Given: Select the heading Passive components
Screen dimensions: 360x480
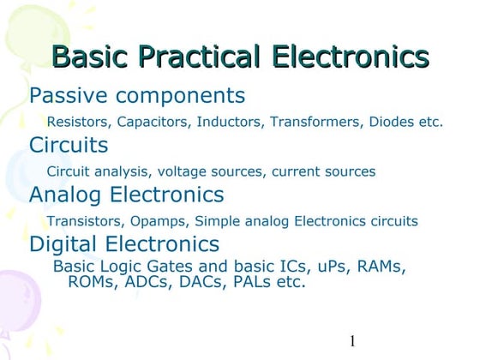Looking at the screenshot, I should [x=137, y=95].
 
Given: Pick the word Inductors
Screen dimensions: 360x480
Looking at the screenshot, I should [x=230, y=122].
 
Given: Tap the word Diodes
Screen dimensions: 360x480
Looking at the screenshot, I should [x=392, y=122].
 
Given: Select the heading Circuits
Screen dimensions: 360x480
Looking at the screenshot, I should [x=69, y=145].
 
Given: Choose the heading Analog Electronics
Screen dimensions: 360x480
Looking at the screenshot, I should [x=127, y=195].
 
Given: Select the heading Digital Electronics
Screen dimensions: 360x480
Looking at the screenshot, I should [x=124, y=244].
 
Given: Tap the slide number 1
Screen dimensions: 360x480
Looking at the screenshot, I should [x=352, y=342].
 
